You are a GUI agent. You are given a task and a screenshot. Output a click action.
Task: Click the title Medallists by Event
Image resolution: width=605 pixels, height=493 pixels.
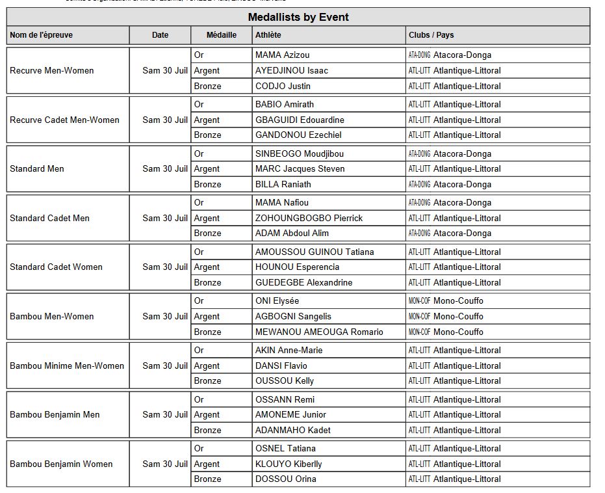(x=298, y=17)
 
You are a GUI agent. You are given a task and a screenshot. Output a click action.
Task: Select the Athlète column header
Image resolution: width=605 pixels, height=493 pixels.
(x=268, y=35)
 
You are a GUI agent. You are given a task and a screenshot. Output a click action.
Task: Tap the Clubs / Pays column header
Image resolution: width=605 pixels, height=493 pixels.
(x=431, y=35)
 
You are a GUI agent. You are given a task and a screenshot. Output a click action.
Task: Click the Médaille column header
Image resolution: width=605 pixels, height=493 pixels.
(x=222, y=35)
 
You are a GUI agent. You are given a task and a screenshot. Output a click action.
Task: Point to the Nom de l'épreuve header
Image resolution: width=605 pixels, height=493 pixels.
(x=42, y=35)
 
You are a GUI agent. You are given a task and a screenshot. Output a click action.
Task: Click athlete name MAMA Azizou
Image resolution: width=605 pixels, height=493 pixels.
(x=283, y=55)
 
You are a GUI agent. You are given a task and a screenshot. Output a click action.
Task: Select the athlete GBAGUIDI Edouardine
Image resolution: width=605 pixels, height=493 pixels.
(x=300, y=120)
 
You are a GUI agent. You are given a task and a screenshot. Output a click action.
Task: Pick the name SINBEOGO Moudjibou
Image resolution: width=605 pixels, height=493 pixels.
(x=300, y=153)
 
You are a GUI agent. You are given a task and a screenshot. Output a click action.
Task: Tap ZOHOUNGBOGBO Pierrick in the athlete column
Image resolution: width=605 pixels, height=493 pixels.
(x=309, y=218)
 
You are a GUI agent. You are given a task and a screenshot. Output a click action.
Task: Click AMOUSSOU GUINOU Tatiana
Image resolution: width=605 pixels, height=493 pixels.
(x=315, y=252)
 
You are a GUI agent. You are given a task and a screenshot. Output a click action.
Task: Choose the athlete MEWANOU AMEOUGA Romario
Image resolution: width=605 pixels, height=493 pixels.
(x=319, y=332)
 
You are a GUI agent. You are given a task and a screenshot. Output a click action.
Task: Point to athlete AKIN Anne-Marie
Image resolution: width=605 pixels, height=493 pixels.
(x=289, y=350)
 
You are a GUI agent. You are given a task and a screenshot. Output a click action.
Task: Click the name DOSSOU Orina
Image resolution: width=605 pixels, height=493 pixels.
(x=286, y=479)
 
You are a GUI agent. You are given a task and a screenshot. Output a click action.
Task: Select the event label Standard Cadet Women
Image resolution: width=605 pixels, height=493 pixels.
(x=56, y=267)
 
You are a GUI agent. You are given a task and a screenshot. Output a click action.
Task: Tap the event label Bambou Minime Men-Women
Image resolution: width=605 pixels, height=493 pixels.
(x=67, y=366)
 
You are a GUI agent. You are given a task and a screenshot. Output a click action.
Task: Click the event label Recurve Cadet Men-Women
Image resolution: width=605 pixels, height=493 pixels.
(x=64, y=120)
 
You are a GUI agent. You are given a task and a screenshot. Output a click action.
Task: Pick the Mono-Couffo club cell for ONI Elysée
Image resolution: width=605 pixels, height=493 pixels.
(x=458, y=300)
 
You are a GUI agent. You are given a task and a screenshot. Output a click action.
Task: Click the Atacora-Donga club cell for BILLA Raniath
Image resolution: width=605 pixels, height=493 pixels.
(x=462, y=184)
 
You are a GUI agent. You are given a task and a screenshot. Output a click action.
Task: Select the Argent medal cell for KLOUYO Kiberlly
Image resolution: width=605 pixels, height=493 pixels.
(x=207, y=464)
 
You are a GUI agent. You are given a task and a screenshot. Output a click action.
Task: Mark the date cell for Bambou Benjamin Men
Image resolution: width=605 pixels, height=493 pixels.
(x=165, y=414)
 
